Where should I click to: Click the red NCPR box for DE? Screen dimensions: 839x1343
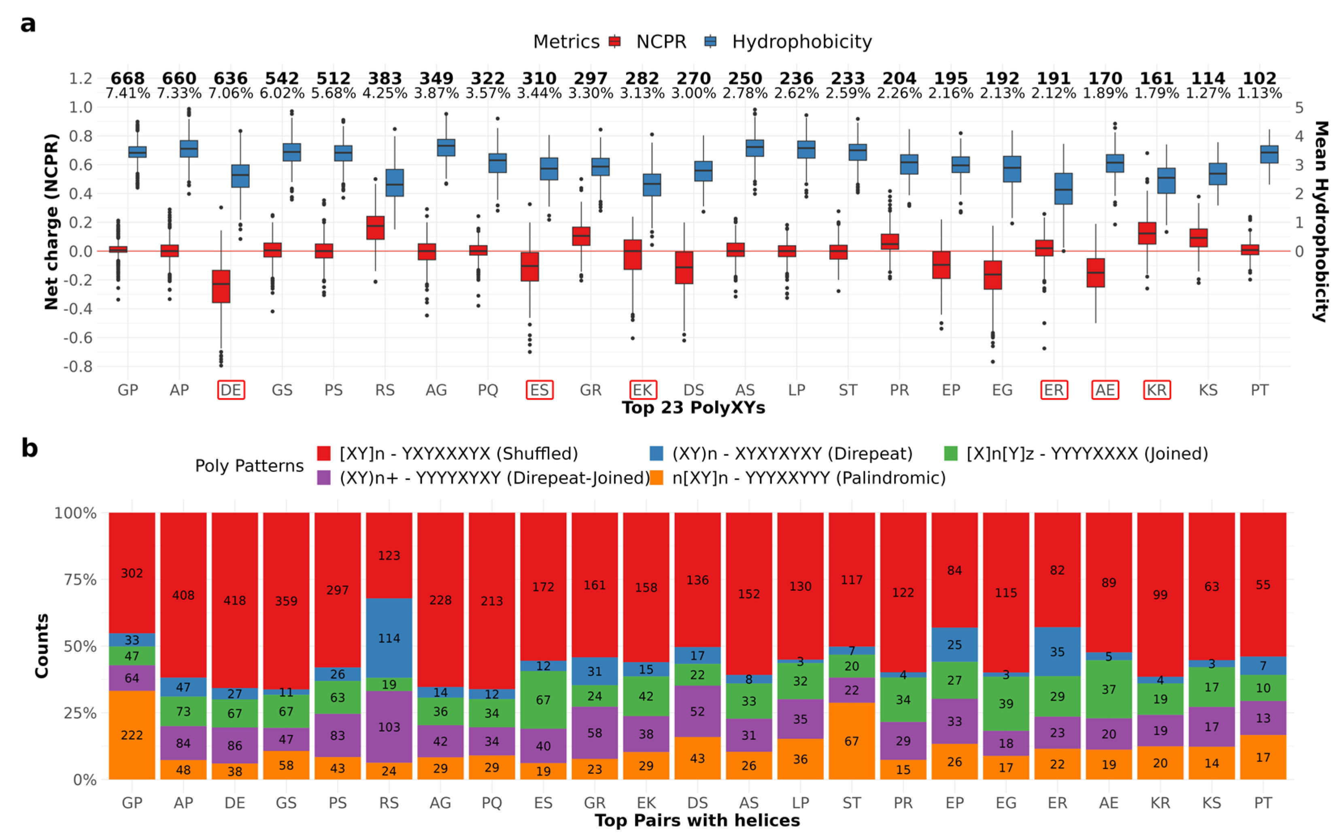coord(221,286)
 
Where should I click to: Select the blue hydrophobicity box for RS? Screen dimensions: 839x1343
coord(395,183)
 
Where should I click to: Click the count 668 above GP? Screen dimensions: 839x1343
coord(127,78)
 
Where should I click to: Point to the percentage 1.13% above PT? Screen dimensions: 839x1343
coord(1259,93)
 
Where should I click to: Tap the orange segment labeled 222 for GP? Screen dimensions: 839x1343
coord(132,735)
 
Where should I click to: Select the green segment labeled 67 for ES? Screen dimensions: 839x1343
coord(543,700)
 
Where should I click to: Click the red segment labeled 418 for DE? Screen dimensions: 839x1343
coord(235,600)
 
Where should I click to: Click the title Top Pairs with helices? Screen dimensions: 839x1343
coord(697,820)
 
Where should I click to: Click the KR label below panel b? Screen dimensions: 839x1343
coord(1160,803)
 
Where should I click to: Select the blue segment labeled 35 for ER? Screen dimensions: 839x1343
coord(1057,652)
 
